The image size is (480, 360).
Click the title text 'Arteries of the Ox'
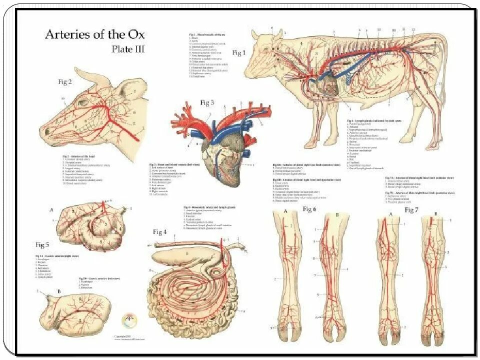tap(95, 34)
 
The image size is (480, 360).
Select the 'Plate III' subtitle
tap(127, 49)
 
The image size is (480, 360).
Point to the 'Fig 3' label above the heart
tap(207, 103)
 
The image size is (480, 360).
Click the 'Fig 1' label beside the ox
tap(240, 52)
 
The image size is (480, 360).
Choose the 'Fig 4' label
tap(160, 231)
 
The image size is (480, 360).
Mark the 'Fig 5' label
tap(42, 244)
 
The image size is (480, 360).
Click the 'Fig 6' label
tap(310, 209)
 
